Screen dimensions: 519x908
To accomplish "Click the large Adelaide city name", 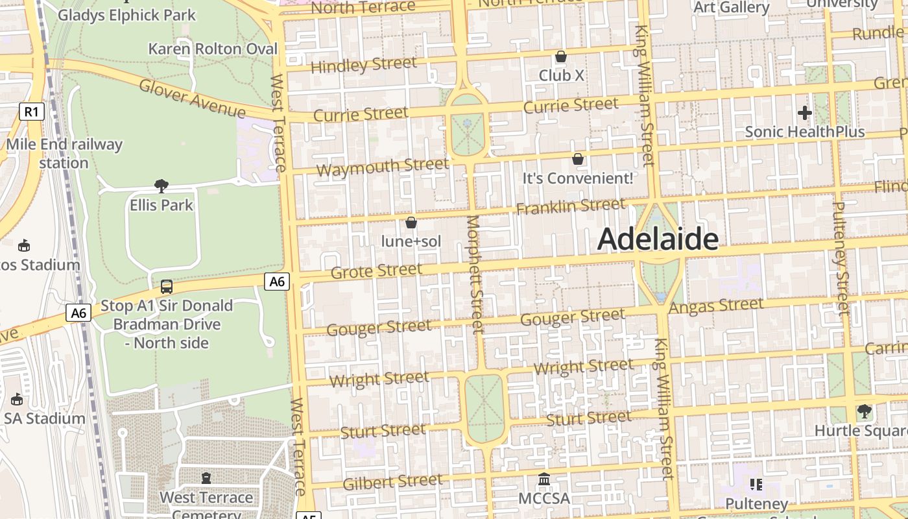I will point(657,239).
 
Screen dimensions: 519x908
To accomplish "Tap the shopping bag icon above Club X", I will point(561,57).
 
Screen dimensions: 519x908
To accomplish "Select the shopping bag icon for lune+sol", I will point(411,223).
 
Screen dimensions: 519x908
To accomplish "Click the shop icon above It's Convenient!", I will point(577,159).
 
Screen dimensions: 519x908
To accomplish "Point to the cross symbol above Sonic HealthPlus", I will point(804,113).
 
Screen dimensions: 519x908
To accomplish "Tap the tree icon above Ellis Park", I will point(161,186).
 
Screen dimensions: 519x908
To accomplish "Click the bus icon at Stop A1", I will point(167,286).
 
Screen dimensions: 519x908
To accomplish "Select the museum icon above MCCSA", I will point(544,479).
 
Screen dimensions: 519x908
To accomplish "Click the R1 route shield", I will point(31,112).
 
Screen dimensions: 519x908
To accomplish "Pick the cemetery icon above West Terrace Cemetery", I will point(206,478).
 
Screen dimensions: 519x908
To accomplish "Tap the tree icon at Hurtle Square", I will point(864,411).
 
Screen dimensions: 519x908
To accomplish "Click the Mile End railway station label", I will point(64,153).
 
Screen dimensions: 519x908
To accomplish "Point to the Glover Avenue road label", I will point(192,98).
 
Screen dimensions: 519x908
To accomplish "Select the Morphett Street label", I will point(475,274).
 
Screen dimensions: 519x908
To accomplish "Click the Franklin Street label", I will point(571,206).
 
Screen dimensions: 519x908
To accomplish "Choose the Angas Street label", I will point(716,306).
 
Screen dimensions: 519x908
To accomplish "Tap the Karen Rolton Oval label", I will point(213,49).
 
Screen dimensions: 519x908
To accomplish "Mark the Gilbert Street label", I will point(392,482).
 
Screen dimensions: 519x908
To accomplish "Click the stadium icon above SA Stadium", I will point(17,400).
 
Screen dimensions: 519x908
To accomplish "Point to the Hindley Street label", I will point(363,65).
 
